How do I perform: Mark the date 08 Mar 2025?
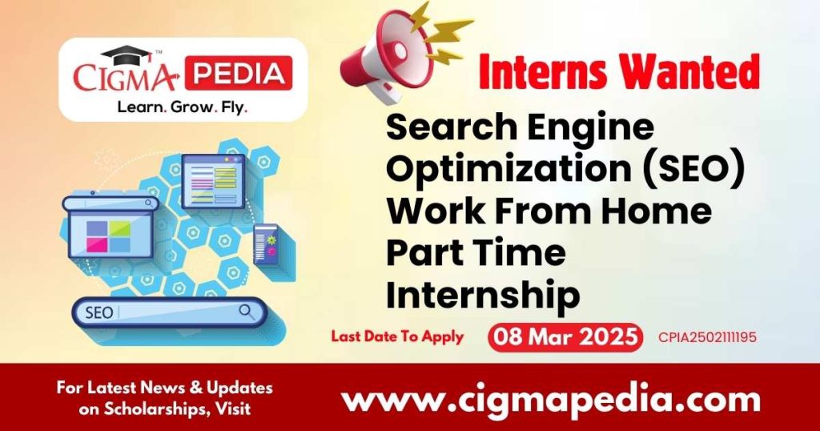click(x=565, y=337)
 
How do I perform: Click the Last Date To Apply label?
click(x=397, y=336)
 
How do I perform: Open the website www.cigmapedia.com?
click(x=551, y=398)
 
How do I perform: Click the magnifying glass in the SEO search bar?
click(x=247, y=310)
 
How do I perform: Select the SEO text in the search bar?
click(x=99, y=312)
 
